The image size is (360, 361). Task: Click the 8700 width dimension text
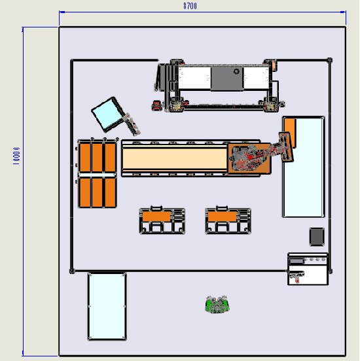[190, 6]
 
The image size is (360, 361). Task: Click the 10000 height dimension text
[16, 156]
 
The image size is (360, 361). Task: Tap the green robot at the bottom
[217, 304]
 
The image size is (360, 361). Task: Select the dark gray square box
[317, 237]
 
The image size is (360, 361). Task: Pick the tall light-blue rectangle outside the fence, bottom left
[107, 306]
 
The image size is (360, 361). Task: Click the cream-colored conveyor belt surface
[175, 158]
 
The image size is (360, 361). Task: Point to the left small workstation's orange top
[156, 216]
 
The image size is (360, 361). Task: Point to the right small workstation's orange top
[222, 216]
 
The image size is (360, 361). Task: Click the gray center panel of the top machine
[226, 78]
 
